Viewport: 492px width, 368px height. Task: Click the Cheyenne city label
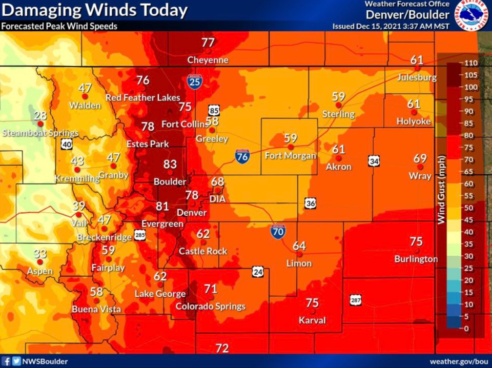[208, 60]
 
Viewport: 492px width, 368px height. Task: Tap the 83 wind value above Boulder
[170, 164]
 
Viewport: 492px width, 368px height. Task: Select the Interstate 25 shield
[194, 81]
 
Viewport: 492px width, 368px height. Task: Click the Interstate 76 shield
[243, 157]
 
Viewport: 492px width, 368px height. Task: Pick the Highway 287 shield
[356, 300]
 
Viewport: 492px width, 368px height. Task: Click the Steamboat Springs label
[40, 133]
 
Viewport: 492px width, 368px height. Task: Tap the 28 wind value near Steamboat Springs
[40, 115]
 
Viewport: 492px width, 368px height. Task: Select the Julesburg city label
[417, 78]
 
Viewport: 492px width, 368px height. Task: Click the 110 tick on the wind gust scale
[471, 63]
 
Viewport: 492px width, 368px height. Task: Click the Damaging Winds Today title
[94, 10]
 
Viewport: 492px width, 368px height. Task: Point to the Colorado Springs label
[211, 306]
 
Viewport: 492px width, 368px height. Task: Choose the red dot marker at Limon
[300, 253]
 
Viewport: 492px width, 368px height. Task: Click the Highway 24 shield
[258, 271]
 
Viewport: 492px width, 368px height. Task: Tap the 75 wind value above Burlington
[416, 241]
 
